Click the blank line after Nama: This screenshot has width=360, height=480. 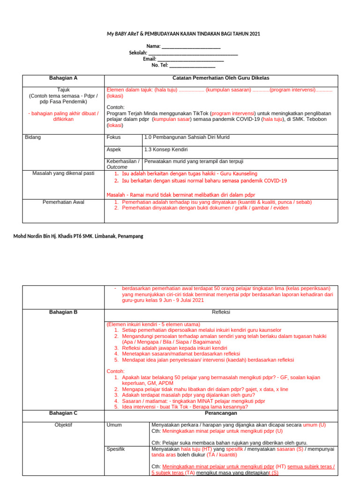(x=191, y=46)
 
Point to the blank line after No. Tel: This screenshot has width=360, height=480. (x=189, y=66)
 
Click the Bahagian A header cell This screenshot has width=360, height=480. (x=63, y=78)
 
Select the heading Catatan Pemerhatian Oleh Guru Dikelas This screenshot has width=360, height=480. (x=221, y=78)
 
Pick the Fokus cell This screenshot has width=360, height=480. (x=114, y=137)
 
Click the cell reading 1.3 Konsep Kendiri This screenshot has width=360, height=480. (x=166, y=150)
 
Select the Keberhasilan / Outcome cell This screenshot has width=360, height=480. (x=123, y=164)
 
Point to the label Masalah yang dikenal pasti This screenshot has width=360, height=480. (x=63, y=173)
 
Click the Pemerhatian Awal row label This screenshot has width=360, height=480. (x=63, y=202)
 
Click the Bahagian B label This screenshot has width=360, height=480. (x=63, y=312)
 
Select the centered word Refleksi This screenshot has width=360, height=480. (x=221, y=312)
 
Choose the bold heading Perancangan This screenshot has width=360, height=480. (x=221, y=413)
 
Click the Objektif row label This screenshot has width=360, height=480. (x=63, y=425)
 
